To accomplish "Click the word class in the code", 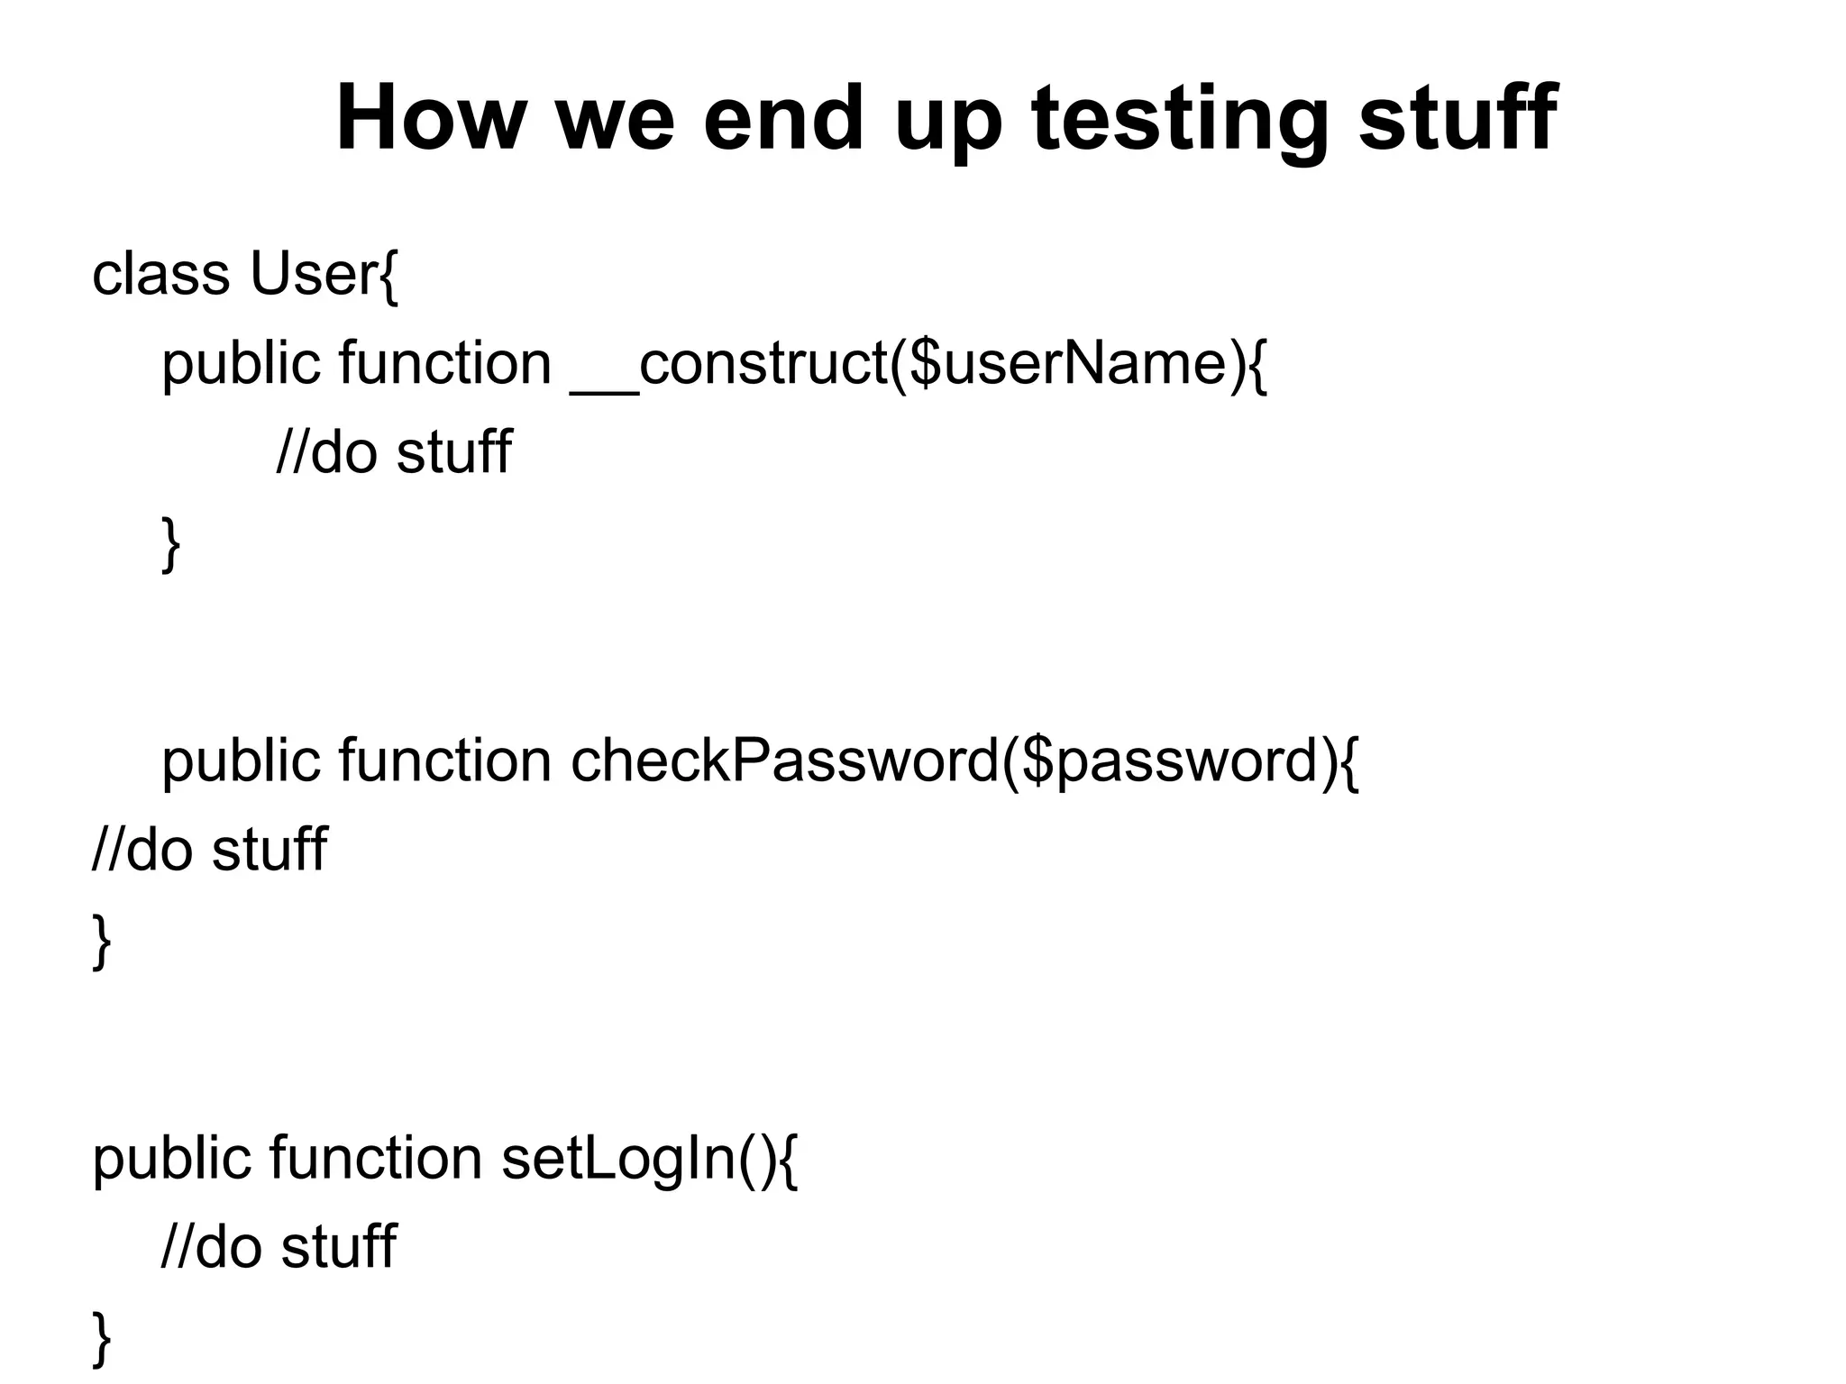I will [160, 274].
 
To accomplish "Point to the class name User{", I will [324, 274].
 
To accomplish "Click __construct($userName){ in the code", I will [918, 364].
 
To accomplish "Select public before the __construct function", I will [241, 364].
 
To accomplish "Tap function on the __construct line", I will [445, 364].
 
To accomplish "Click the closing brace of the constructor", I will [170, 544].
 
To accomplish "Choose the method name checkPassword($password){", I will [964, 760].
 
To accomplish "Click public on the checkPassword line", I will [241, 760].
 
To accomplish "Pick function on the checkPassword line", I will [445, 760].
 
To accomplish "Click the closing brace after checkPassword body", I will [102, 942].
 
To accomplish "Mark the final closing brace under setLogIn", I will [102, 1340].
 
